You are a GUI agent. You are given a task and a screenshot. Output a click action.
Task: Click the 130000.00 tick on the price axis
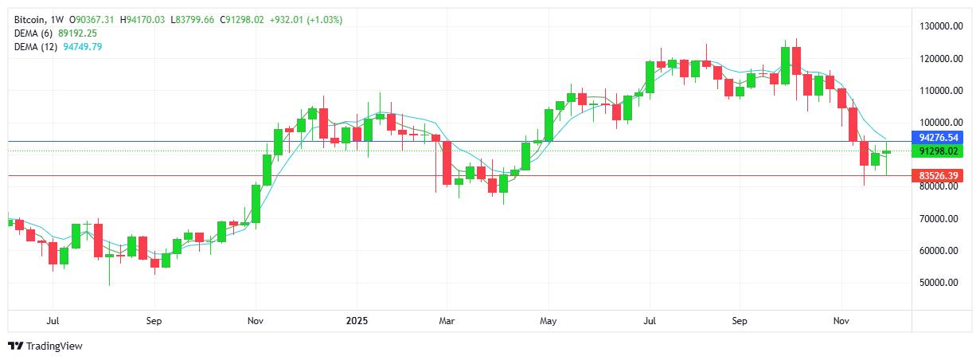936,26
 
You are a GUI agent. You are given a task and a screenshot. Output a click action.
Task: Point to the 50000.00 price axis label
936,283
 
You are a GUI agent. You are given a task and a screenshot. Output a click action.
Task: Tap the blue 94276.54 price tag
937,138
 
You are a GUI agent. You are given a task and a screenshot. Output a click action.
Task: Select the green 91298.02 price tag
937,151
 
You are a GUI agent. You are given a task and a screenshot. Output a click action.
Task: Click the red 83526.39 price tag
937,175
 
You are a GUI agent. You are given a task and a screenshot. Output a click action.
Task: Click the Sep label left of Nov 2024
154,322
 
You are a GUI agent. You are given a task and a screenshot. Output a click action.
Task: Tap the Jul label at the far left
53,322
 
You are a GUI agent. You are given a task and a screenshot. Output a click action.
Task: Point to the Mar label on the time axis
447,322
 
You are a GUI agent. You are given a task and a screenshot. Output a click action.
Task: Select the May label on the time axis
548,322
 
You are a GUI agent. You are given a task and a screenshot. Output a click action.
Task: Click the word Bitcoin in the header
29,19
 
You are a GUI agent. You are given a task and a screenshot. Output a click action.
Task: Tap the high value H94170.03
143,19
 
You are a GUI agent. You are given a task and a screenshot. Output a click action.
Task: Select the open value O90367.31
92,19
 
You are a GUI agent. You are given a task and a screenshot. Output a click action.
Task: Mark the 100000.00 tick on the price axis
936,123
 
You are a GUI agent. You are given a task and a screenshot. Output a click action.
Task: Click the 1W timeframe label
58,19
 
